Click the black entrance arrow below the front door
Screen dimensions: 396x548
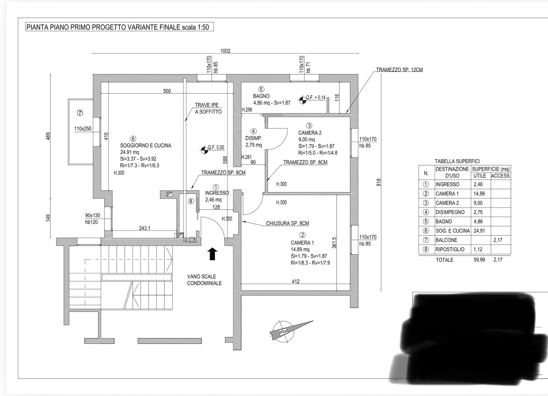pyautogui.click(x=213, y=254)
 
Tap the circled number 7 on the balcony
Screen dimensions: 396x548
pyautogui.click(x=80, y=113)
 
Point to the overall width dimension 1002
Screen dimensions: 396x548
pyautogui.click(x=225, y=51)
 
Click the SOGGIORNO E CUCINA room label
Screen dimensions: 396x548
pyautogui.click(x=146, y=145)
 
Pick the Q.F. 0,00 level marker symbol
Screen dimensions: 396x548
pyautogui.click(x=204, y=149)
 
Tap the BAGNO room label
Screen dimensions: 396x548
pyautogui.click(x=261, y=96)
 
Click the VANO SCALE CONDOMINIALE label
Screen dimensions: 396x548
pyautogui.click(x=204, y=280)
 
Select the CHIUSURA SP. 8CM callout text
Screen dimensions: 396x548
pyautogui.click(x=287, y=223)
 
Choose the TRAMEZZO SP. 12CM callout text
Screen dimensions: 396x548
pyautogui.click(x=399, y=70)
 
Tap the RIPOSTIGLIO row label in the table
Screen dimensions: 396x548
pyautogui.click(x=450, y=249)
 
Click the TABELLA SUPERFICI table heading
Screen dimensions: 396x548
pyautogui.click(x=457, y=161)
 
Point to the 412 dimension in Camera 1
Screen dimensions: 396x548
pyautogui.click(x=296, y=281)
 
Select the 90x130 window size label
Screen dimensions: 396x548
pyautogui.click(x=92, y=215)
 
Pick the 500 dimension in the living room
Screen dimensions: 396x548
pyautogui.click(x=167, y=91)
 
